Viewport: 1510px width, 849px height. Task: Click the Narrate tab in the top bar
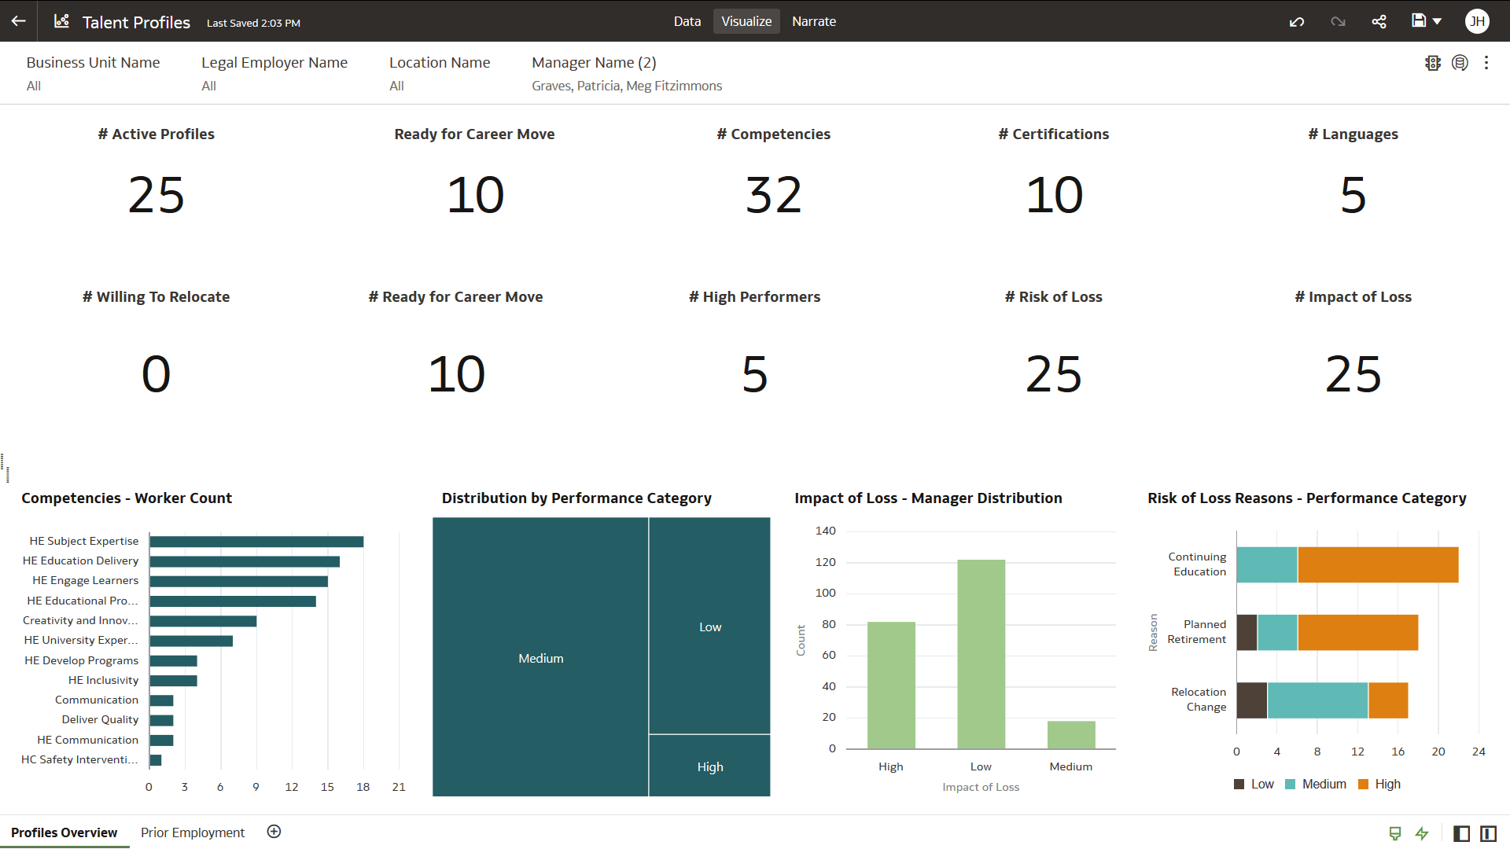[813, 21]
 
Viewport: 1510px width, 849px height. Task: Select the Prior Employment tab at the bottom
[192, 832]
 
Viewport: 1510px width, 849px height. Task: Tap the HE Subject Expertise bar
[256, 542]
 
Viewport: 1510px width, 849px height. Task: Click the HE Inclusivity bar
[173, 681]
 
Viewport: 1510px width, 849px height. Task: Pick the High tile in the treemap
[709, 766]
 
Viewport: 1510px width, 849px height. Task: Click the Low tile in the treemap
[709, 626]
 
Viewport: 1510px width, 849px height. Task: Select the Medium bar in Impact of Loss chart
[1070, 735]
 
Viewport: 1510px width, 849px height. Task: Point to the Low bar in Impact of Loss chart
[981, 653]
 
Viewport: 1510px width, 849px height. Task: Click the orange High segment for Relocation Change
[1388, 700]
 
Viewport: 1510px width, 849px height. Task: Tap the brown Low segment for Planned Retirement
[1247, 633]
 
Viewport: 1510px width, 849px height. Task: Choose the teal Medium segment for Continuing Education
[1267, 565]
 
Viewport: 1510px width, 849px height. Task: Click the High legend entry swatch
[1364, 785]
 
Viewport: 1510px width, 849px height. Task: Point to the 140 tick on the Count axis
[825, 531]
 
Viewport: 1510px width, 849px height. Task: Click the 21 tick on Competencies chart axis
[399, 787]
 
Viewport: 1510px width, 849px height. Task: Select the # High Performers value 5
[754, 374]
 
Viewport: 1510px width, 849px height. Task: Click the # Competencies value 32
[773, 195]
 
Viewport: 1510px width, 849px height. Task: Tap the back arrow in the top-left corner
[19, 21]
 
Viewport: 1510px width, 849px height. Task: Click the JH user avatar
[1477, 21]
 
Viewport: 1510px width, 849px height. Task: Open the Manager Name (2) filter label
[594, 63]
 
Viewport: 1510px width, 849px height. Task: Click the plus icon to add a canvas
[274, 832]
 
